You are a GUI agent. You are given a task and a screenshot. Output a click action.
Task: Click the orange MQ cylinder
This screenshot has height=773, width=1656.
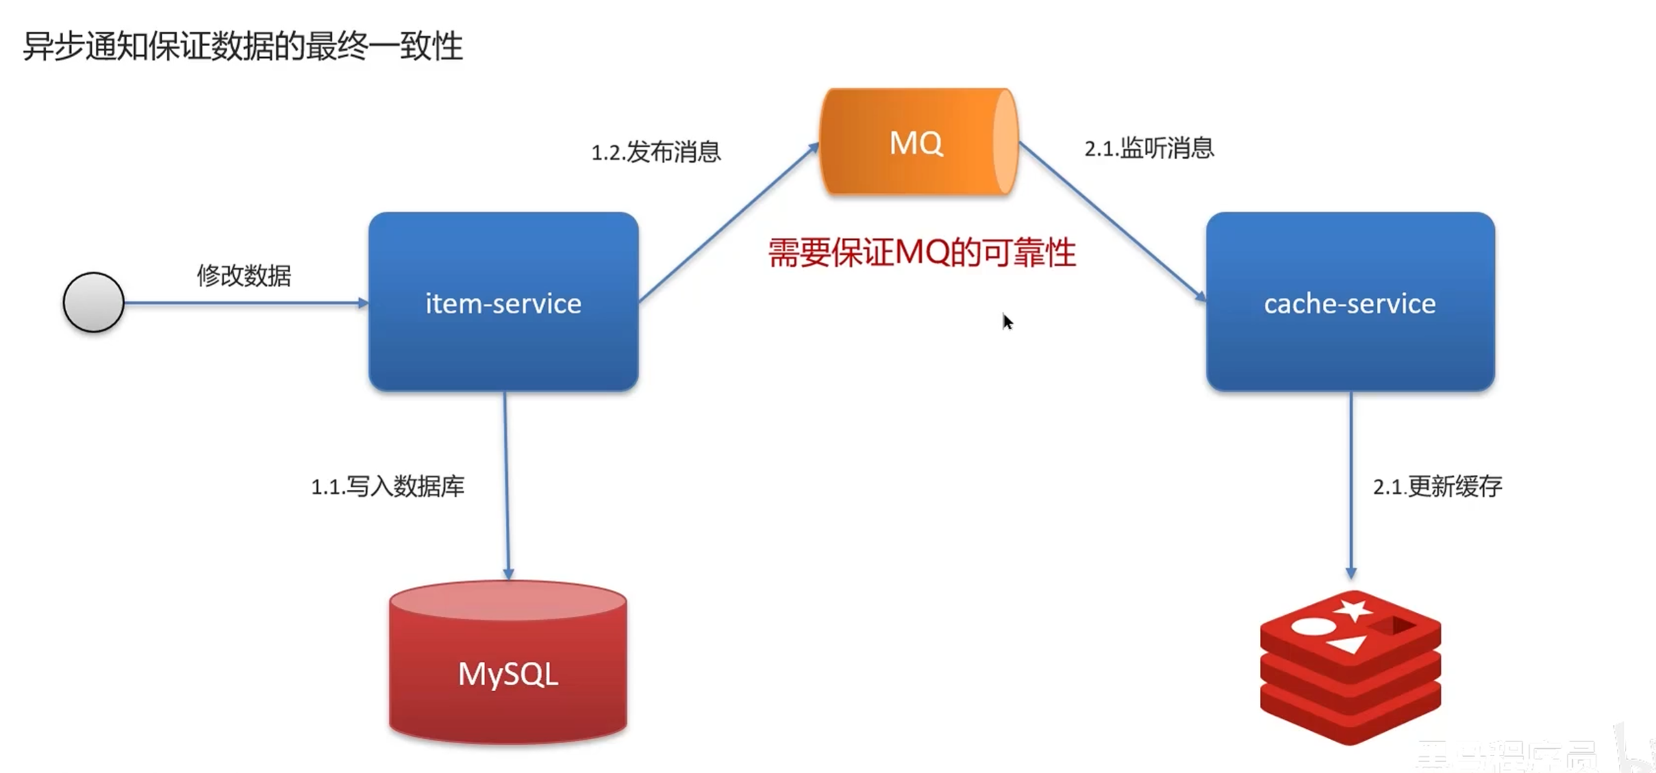(x=917, y=142)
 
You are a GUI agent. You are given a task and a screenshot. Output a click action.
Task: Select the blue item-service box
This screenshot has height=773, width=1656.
(x=503, y=302)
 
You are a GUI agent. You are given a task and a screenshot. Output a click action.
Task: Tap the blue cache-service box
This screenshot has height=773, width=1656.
(x=1350, y=302)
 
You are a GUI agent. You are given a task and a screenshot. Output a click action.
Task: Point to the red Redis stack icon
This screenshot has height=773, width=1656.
(x=1350, y=669)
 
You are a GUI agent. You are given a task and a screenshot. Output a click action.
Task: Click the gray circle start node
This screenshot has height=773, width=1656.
(x=94, y=302)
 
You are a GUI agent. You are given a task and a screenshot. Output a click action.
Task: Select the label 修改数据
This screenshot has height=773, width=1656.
(x=244, y=275)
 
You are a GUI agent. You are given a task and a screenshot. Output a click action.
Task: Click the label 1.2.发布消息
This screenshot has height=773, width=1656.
(x=656, y=152)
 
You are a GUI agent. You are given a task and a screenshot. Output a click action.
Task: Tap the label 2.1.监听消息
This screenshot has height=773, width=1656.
(x=1149, y=148)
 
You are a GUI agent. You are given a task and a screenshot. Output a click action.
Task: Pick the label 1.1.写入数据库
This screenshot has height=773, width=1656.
(x=388, y=486)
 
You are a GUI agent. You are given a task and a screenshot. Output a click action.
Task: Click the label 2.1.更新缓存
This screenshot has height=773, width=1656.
(x=1437, y=486)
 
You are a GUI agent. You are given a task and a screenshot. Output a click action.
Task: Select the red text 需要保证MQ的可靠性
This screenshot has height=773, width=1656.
(x=922, y=253)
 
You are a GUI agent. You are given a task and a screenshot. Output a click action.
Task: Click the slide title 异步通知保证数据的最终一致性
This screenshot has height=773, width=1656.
(x=243, y=47)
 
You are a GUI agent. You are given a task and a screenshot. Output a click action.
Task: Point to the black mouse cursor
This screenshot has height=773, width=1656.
(x=1007, y=321)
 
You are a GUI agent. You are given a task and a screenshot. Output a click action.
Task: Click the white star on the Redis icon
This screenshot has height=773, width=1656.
(x=1353, y=611)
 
